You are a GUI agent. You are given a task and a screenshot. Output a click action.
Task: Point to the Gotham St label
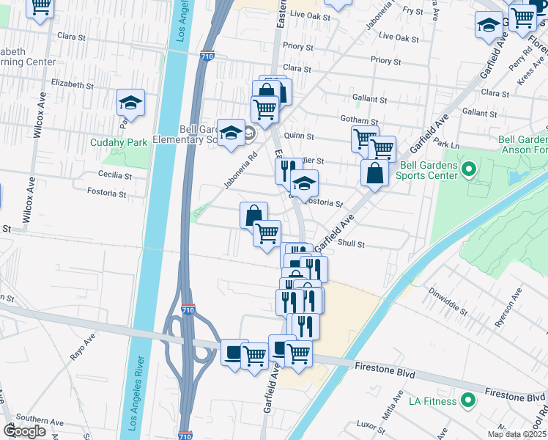pyautogui.click(x=358, y=120)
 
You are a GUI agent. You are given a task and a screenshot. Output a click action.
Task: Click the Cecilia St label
pyautogui.click(x=115, y=176)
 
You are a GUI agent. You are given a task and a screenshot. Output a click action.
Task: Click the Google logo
pyautogui.click(x=24, y=431)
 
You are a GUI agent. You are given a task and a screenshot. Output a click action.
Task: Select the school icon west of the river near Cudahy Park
pyautogui.click(x=131, y=102)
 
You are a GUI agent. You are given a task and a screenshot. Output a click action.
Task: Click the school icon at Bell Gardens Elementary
pyautogui.click(x=231, y=132)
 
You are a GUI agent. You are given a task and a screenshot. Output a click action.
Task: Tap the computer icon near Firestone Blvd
pyautogui.click(x=234, y=353)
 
